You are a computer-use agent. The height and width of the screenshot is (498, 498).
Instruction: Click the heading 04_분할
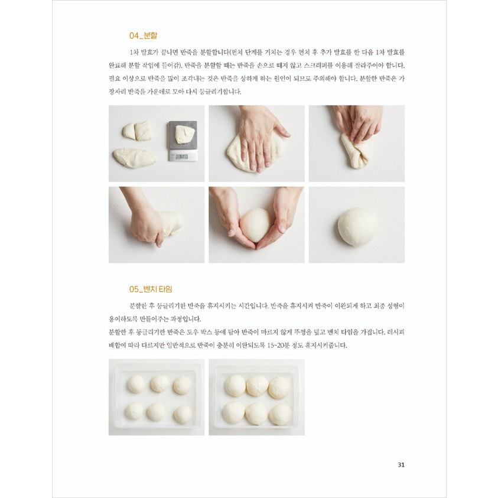(x=143, y=35)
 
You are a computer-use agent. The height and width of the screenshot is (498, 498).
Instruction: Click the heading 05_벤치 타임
(x=151, y=289)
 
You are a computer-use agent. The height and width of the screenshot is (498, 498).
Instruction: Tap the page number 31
(x=401, y=465)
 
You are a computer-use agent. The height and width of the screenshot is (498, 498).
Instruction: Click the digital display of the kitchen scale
(x=181, y=157)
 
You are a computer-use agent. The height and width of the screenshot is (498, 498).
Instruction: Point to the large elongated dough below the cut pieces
(x=135, y=158)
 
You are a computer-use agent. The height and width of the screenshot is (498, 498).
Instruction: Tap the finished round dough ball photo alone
(x=357, y=226)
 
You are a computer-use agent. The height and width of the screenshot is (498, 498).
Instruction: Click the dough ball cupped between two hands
(x=256, y=224)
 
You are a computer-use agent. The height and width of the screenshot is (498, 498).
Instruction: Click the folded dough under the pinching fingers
(x=356, y=151)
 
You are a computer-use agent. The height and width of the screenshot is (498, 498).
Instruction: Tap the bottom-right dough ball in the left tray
(x=183, y=414)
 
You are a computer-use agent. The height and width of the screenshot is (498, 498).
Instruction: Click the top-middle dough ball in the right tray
(x=258, y=386)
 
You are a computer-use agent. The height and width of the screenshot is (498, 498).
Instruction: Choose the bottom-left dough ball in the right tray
(x=234, y=412)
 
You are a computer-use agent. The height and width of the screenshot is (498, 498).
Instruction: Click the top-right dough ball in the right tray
(x=279, y=388)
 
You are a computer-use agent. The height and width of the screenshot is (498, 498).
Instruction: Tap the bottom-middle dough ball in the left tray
(x=156, y=412)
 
